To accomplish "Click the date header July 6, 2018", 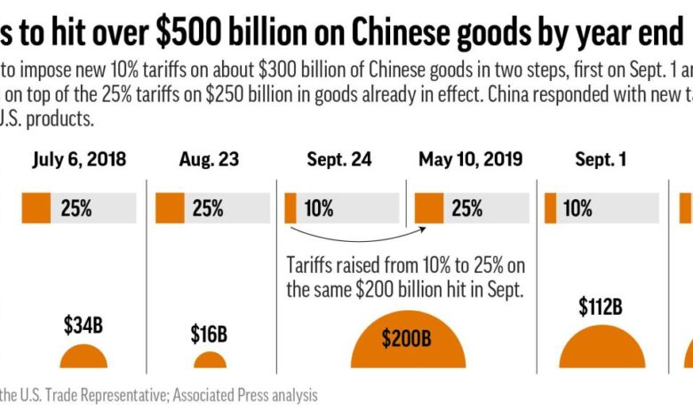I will coord(79,160).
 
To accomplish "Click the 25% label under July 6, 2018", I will coord(76,208).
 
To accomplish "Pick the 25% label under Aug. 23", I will coord(207,208).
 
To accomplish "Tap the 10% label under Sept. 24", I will coord(318,208).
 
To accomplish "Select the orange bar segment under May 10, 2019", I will coord(429,208).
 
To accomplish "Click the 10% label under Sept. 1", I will coord(577,208).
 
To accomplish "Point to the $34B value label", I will coord(84,325).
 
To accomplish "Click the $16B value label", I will coord(209,334).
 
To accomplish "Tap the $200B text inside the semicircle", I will coord(408,339).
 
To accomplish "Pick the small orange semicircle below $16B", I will coord(210,361).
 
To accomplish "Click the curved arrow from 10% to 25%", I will coord(355,238).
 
